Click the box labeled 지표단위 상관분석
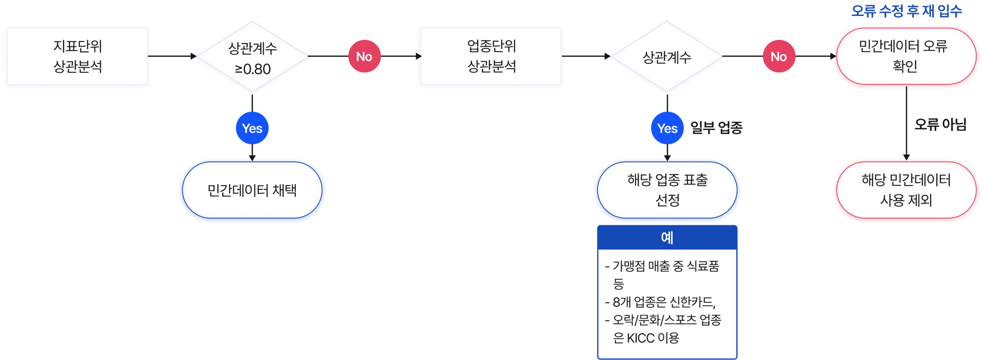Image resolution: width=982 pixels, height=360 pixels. (77, 56)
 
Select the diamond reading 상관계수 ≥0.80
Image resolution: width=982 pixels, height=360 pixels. (252, 57)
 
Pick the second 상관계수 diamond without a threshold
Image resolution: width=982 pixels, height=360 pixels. (667, 57)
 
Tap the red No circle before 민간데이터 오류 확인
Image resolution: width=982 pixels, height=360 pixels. (779, 56)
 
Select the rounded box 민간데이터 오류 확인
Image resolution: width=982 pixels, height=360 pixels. (906, 56)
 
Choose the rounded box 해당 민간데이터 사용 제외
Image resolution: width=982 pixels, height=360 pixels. (906, 190)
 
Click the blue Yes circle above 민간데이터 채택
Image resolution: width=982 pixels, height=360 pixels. (252, 128)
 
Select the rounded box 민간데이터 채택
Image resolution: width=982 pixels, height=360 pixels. (252, 190)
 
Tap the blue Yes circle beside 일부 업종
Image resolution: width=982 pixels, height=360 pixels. (667, 128)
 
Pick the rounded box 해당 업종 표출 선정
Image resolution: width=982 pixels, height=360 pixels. (667, 190)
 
